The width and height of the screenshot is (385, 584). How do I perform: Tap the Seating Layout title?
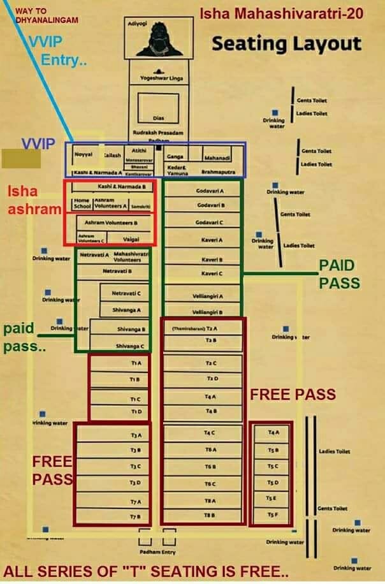(x=286, y=44)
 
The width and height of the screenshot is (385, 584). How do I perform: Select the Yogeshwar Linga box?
(x=157, y=78)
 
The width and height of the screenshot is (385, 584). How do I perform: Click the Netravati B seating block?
(x=117, y=271)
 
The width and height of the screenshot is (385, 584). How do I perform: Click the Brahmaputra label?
(x=219, y=172)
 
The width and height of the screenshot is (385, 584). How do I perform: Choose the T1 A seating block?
(x=120, y=363)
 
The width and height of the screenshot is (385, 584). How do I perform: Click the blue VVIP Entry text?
(x=60, y=52)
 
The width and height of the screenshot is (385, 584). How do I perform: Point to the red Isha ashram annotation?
(x=31, y=199)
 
